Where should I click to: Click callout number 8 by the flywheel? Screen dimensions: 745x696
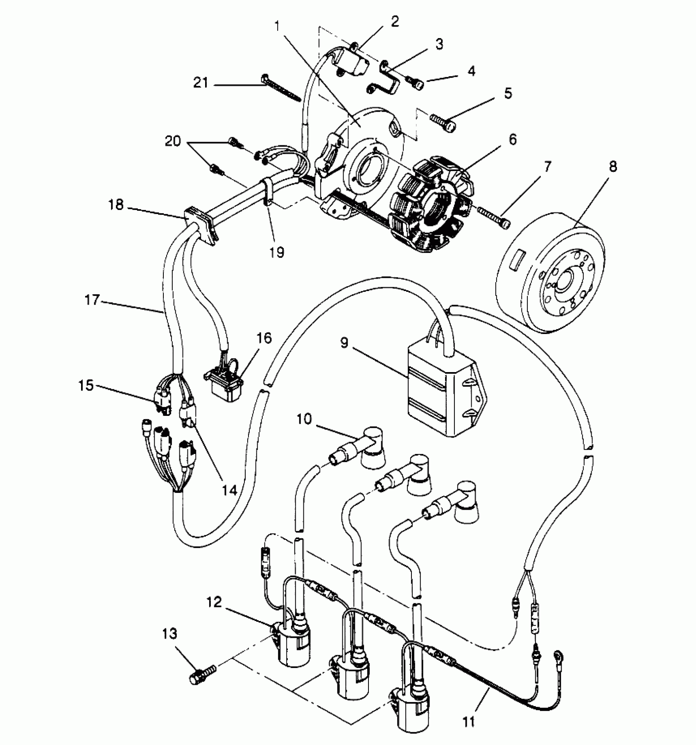[x=613, y=167]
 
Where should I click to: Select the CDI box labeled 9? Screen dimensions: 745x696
[x=444, y=389]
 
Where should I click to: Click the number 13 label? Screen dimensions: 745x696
[x=169, y=634]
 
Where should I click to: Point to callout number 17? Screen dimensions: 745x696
[x=92, y=300]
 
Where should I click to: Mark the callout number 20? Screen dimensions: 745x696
[x=173, y=142]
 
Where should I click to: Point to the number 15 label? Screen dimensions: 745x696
[x=86, y=386]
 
